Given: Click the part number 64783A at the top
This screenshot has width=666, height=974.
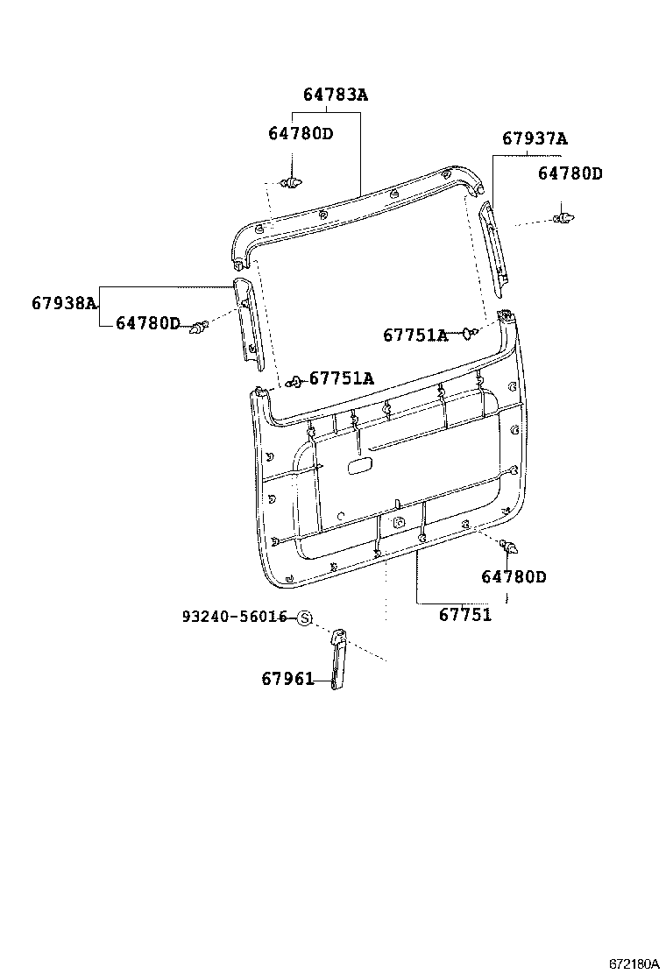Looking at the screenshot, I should point(336,95).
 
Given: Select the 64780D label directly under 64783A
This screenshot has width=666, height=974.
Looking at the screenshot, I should point(301,133).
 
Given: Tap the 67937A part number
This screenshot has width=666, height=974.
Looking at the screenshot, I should point(535,138).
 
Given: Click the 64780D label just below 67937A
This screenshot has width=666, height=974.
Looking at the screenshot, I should point(570,174).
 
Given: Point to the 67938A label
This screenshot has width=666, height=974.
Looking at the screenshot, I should point(64,303).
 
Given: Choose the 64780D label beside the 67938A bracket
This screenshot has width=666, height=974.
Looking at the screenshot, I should point(147,324).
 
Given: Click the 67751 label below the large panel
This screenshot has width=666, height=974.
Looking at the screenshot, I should point(464,615).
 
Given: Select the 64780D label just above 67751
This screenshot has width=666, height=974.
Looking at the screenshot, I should point(514,577).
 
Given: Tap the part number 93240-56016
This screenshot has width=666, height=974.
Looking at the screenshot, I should point(235,618).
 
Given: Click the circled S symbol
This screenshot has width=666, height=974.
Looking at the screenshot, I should point(304,618).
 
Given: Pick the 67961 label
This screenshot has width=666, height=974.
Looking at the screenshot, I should point(287,679).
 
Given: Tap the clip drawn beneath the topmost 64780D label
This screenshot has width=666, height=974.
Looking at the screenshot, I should point(292,182).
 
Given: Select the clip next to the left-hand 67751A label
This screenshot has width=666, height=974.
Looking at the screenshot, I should point(295,380).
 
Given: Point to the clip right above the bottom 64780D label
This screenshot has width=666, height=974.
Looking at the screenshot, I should point(507,547).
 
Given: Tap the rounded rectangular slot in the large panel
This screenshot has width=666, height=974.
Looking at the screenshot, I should point(358,467).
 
